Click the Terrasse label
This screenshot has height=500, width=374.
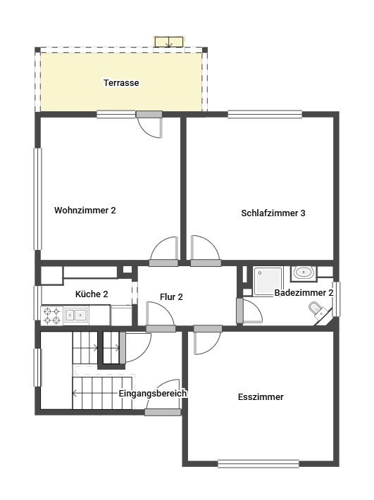[x=121, y=83]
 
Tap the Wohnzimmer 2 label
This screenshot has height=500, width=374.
[x=85, y=211]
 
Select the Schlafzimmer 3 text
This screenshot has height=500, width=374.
[x=273, y=213]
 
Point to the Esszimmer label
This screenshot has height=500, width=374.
[x=261, y=397]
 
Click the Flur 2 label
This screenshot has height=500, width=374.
[x=171, y=297]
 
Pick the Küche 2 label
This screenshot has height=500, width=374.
[x=92, y=294]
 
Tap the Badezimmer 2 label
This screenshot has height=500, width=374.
[x=304, y=293]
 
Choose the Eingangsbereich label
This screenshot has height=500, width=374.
[x=153, y=394]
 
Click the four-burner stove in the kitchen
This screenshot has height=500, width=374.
[x=52, y=315]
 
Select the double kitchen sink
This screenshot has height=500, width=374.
[x=76, y=315]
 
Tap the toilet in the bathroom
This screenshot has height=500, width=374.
[x=318, y=311]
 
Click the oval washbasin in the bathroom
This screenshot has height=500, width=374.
[x=304, y=273]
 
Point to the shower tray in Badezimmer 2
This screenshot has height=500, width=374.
[x=268, y=281]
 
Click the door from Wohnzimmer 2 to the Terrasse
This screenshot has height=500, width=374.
[x=149, y=125]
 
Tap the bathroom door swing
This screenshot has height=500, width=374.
[x=249, y=311]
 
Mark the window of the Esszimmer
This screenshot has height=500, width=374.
[x=258, y=463]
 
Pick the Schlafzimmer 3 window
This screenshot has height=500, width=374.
[x=265, y=114]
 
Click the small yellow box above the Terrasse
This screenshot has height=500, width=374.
[x=169, y=42]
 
